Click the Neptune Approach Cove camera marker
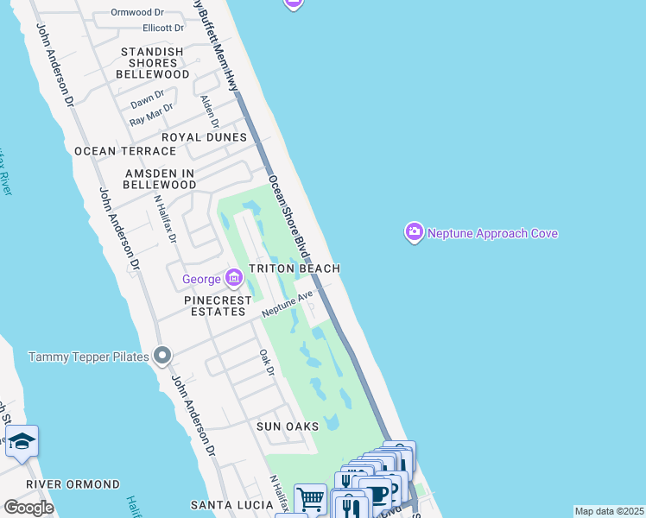pyautogui.click(x=415, y=232)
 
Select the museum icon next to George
pyautogui.click(x=233, y=278)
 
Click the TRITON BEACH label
pyautogui.click(x=294, y=269)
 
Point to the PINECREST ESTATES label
pyautogui.click(x=214, y=305)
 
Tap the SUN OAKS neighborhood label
pyautogui.click(x=288, y=426)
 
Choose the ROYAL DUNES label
pyautogui.click(x=204, y=137)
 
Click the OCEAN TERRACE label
pyautogui.click(x=118, y=151)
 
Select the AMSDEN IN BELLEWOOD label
pyautogui.click(x=160, y=179)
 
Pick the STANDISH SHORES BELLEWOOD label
pyautogui.click(x=155, y=63)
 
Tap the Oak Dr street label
pyautogui.click(x=267, y=363)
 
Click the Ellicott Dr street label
pyautogui.click(x=154, y=28)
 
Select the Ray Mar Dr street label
pyautogui.click(x=151, y=115)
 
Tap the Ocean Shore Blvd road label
pyautogui.click(x=288, y=215)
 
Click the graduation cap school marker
pyautogui.click(x=22, y=441)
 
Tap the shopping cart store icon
pyautogui.click(x=310, y=499)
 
